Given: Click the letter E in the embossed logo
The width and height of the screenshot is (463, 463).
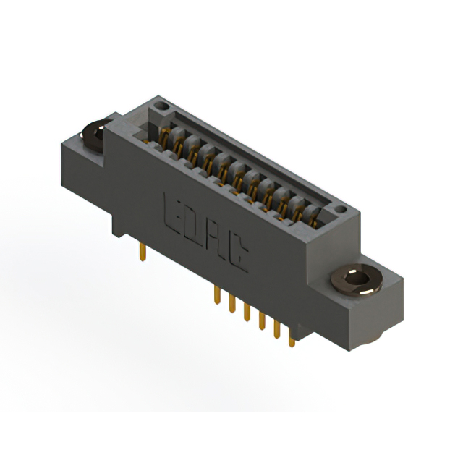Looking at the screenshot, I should pos(174,211).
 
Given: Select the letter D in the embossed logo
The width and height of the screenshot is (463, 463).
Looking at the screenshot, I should pos(193,225).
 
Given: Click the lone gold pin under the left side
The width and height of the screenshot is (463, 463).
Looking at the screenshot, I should pos(143,252).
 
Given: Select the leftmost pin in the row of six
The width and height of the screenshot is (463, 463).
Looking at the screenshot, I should pos(216,295).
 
